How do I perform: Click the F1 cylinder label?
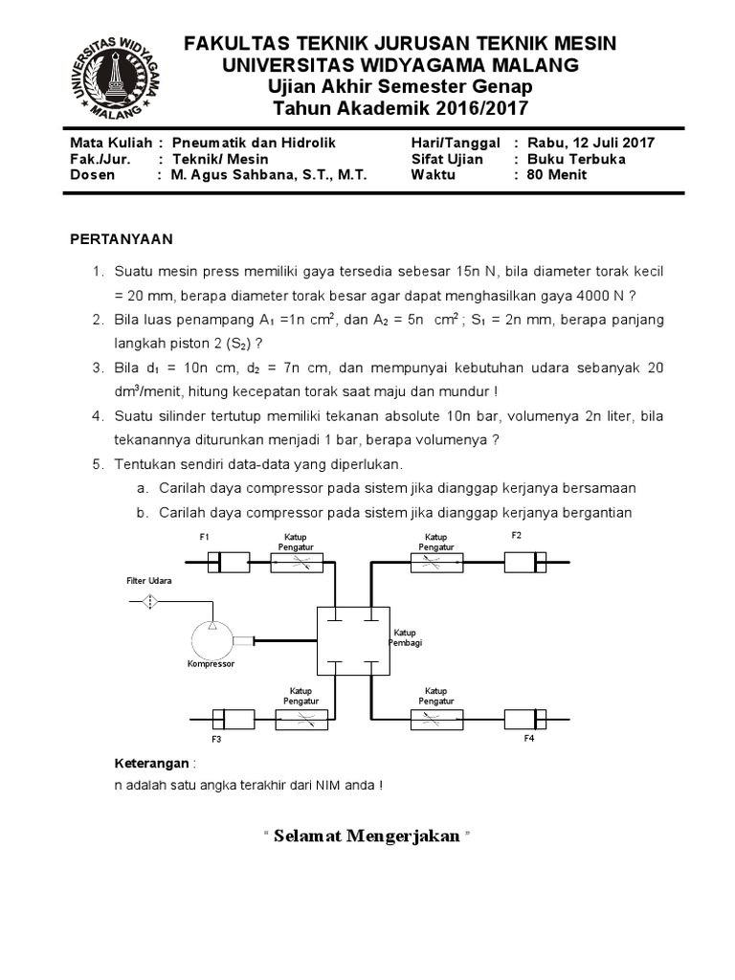(205, 537)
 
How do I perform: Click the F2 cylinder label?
(516, 536)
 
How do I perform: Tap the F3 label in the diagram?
(216, 740)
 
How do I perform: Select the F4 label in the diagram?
(528, 739)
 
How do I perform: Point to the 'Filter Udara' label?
(149, 581)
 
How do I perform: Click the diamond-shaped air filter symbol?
(151, 601)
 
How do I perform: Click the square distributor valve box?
(352, 641)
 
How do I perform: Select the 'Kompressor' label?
(211, 663)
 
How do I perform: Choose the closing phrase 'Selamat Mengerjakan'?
(367, 837)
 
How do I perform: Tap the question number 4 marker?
(98, 416)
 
